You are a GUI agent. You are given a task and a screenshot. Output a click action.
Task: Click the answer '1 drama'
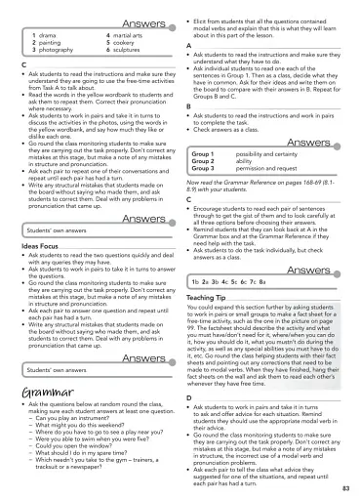pos(45,35)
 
